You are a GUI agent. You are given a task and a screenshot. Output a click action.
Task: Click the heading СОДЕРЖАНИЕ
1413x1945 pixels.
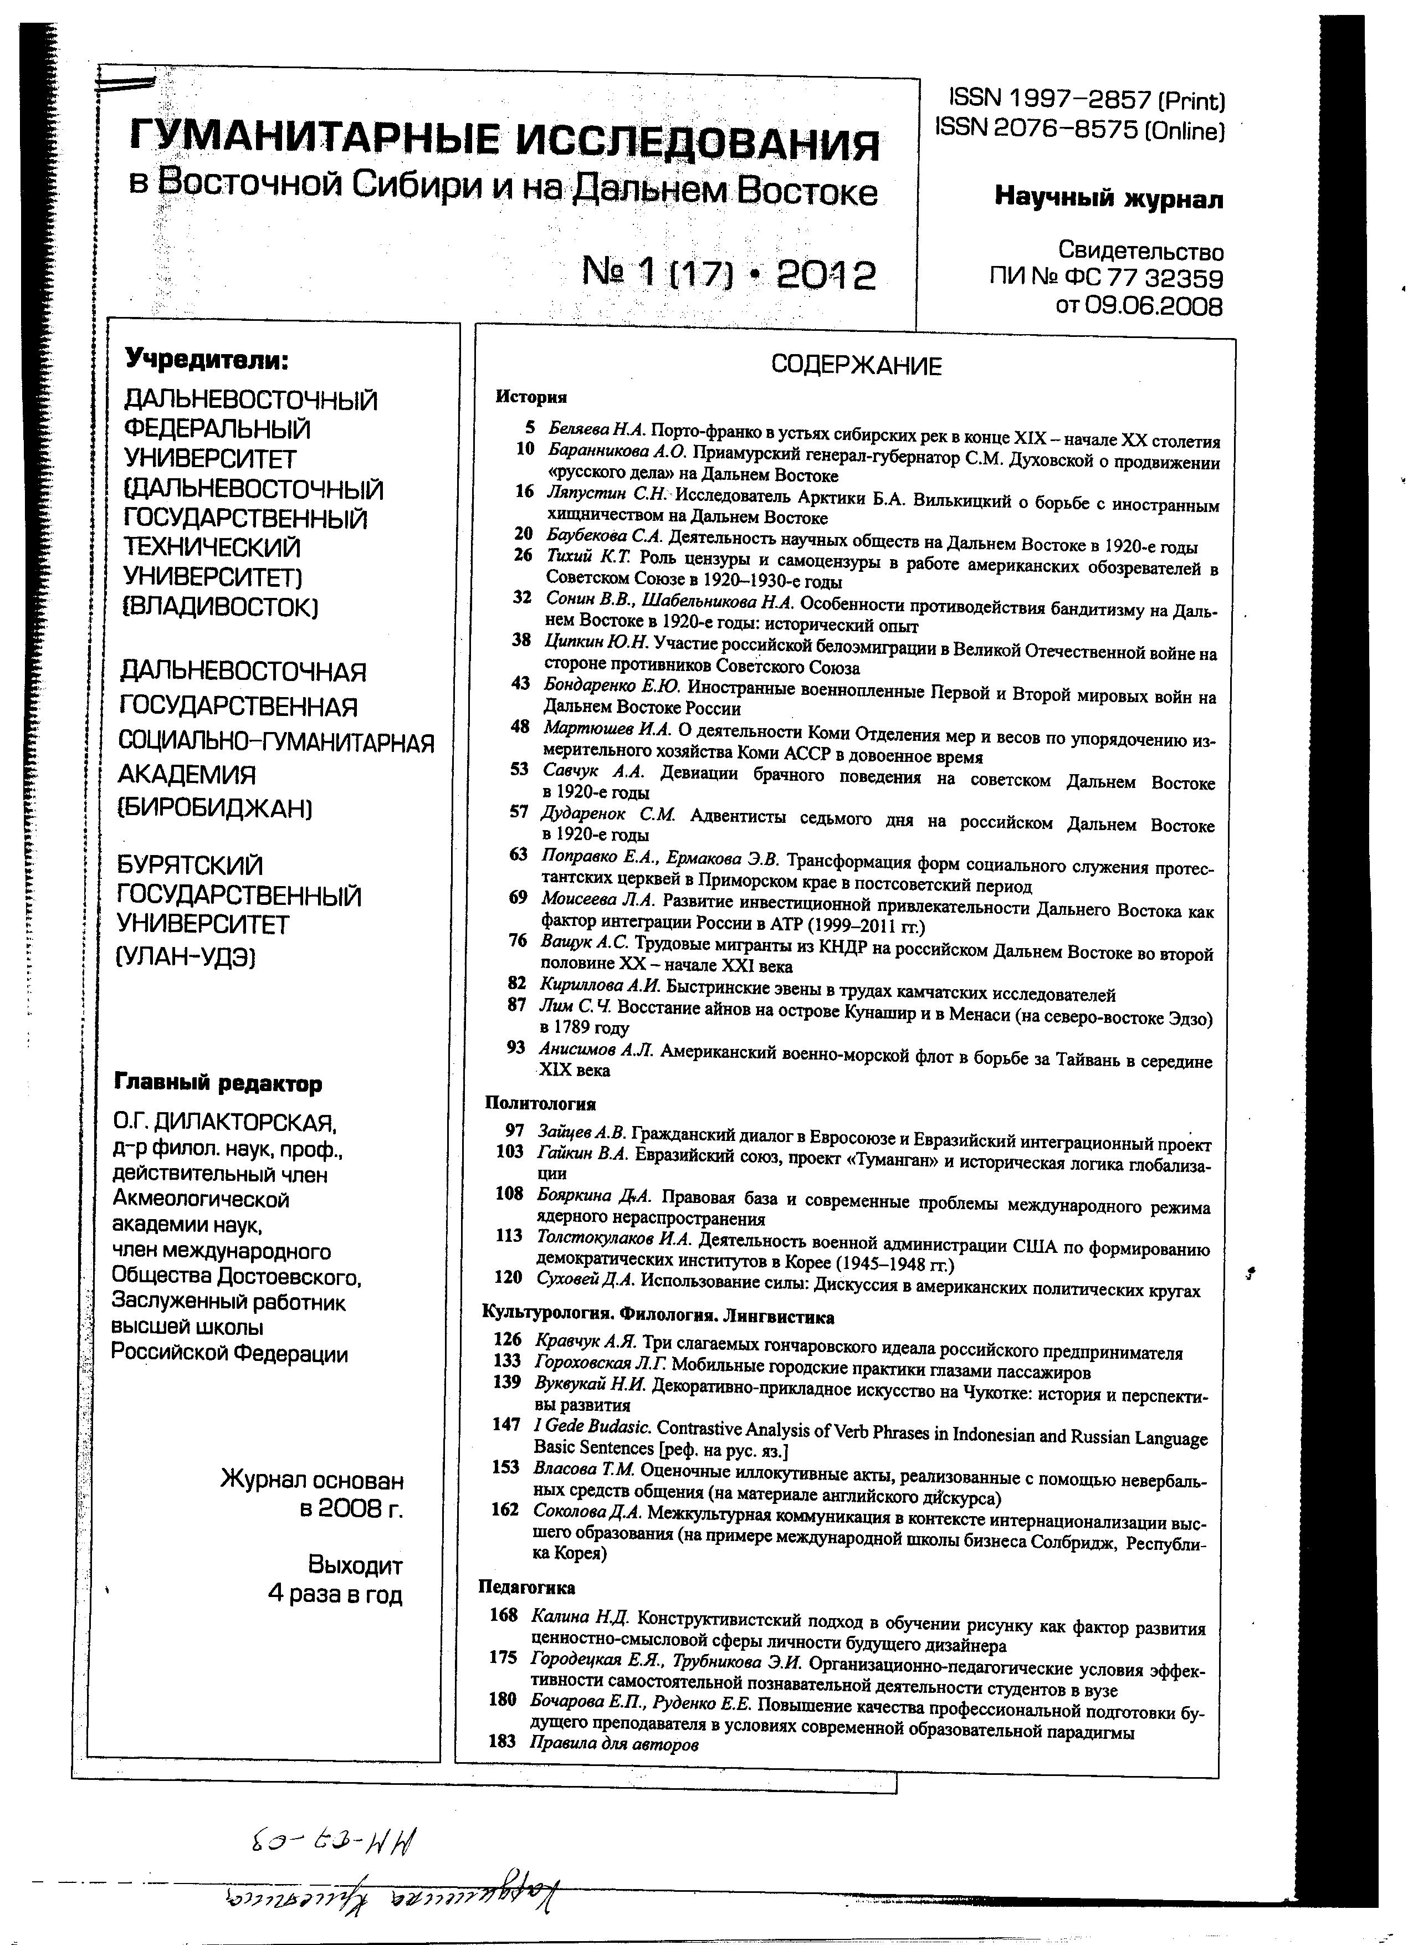[856, 366]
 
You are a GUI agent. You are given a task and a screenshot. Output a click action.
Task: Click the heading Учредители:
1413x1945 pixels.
[207, 360]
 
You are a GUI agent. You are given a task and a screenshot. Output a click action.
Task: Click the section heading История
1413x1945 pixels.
[531, 397]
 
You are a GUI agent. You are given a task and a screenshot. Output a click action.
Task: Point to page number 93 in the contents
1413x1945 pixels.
[516, 1047]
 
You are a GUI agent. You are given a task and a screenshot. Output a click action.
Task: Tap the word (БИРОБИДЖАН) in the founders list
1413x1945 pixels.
[214, 808]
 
